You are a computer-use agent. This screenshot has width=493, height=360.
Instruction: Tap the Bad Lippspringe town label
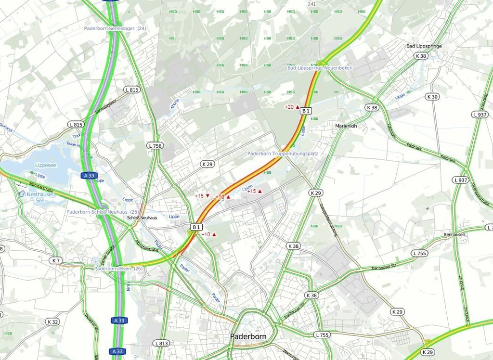[424, 46]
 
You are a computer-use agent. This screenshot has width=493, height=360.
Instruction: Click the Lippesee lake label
[46, 165]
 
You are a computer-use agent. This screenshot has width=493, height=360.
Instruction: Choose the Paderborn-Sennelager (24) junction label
[115, 28]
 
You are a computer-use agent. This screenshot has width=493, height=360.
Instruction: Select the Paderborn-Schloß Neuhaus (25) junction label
[103, 212]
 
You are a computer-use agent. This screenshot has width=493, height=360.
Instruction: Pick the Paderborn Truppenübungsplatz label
[283, 154]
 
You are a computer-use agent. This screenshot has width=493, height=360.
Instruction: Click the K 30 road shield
[432, 97]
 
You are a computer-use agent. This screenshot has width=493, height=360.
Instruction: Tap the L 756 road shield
[155, 145]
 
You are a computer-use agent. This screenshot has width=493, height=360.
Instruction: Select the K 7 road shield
[55, 260]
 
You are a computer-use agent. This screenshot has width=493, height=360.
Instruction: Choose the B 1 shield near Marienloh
[306, 111]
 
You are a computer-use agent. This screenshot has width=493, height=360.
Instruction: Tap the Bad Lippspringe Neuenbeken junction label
[320, 68]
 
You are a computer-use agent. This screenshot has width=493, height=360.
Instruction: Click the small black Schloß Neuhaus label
[142, 218]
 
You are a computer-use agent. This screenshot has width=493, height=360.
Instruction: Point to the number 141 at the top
[311, 4]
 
